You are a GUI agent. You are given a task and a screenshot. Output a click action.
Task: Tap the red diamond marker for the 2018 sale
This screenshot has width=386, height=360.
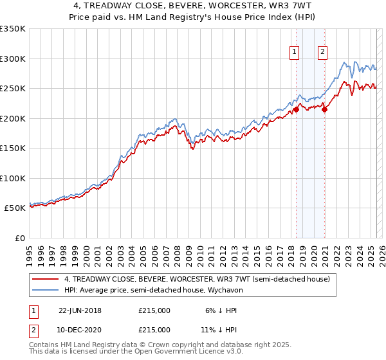(297, 110)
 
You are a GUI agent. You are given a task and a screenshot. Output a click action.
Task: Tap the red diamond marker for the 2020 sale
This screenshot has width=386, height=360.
(325, 110)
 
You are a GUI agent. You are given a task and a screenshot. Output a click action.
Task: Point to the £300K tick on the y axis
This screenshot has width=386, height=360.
(13, 59)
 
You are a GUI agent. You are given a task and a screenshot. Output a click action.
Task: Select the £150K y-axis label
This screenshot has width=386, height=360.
(13, 148)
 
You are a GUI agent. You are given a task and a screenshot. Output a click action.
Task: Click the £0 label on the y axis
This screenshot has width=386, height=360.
(19, 238)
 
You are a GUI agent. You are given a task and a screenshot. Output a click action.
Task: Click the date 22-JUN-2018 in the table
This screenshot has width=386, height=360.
(80, 310)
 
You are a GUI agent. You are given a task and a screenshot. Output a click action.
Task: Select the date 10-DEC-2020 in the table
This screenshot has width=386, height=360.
(80, 329)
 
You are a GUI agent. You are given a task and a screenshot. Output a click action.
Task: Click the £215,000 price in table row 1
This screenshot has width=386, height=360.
(154, 310)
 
